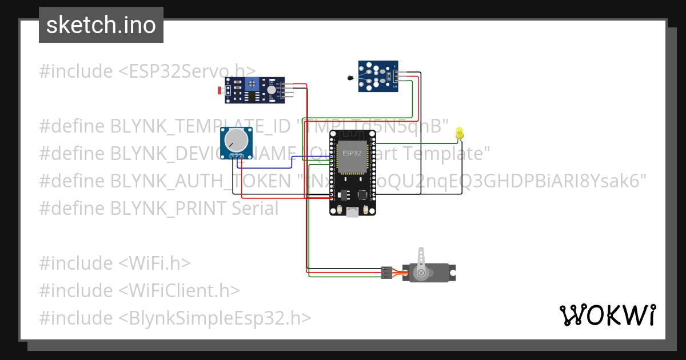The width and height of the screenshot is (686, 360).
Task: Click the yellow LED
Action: point(459,134)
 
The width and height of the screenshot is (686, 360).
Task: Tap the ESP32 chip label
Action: point(352,154)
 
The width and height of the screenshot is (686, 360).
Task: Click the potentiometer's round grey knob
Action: point(236,141)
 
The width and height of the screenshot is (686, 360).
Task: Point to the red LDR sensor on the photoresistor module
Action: point(221,90)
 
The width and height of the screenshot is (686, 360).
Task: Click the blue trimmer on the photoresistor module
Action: point(251,84)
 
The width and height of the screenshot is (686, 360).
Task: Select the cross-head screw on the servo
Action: point(422,273)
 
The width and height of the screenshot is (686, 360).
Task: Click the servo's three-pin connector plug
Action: point(387,273)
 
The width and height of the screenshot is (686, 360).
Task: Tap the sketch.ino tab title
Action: point(101,25)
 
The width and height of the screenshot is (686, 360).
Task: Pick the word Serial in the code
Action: point(255,208)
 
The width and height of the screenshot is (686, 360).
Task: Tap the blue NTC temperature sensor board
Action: point(377,76)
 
